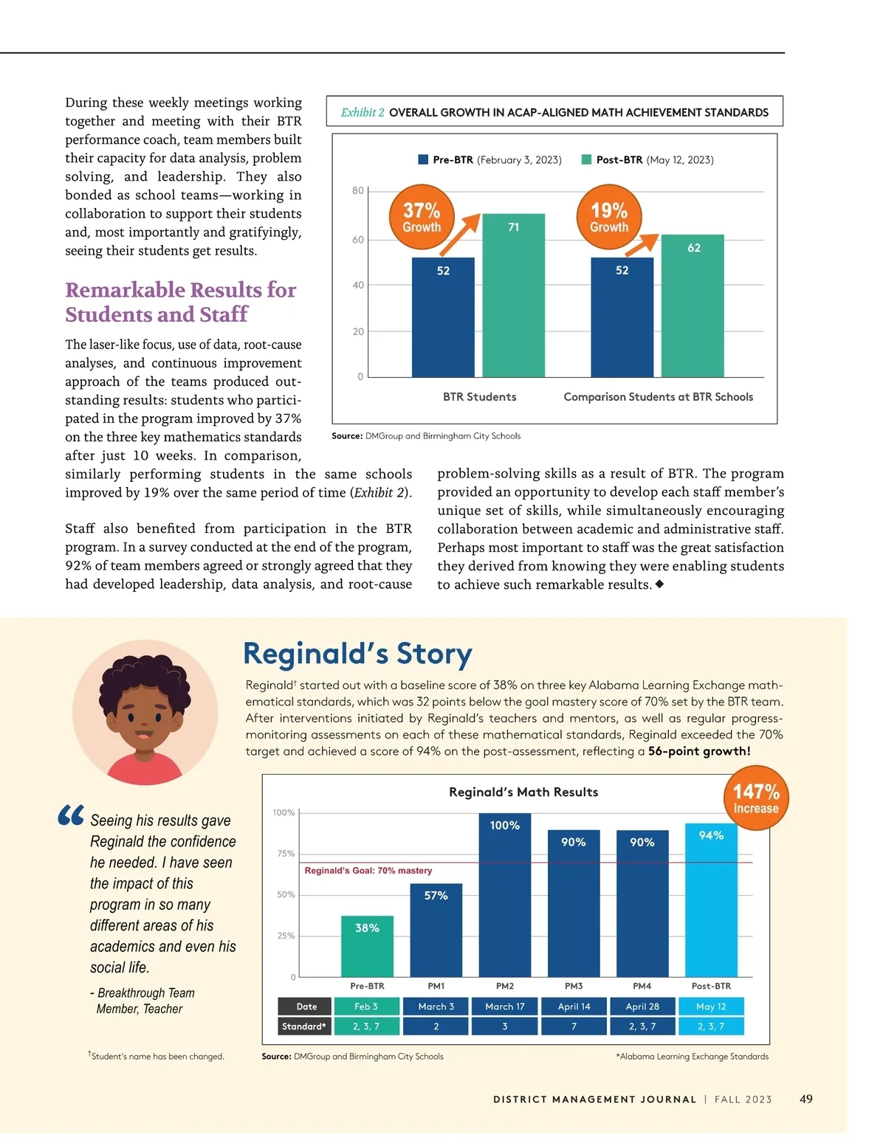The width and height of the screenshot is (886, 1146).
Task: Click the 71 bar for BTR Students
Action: click(x=513, y=295)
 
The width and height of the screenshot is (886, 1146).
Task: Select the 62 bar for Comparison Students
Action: click(x=693, y=306)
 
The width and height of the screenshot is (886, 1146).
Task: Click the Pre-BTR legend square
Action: click(x=423, y=159)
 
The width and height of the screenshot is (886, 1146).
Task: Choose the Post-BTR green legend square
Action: click(x=586, y=159)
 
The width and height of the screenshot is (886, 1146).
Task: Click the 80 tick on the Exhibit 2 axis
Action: click(x=358, y=191)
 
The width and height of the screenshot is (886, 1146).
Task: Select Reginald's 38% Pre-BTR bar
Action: click(x=367, y=946)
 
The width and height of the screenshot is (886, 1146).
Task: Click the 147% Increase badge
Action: click(x=756, y=798)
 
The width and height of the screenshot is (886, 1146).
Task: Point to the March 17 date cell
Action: click(x=505, y=1007)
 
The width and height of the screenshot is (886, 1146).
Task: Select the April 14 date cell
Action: click(x=574, y=1007)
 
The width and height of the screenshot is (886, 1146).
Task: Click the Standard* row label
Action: click(x=303, y=1026)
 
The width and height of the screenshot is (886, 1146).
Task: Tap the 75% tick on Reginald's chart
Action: click(x=286, y=854)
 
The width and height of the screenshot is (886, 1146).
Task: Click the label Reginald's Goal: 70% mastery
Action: click(x=368, y=871)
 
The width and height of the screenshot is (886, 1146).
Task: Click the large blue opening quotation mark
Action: click(x=71, y=815)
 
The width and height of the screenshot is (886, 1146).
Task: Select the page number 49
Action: click(x=806, y=1099)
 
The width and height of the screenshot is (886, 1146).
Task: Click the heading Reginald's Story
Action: click(x=357, y=655)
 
